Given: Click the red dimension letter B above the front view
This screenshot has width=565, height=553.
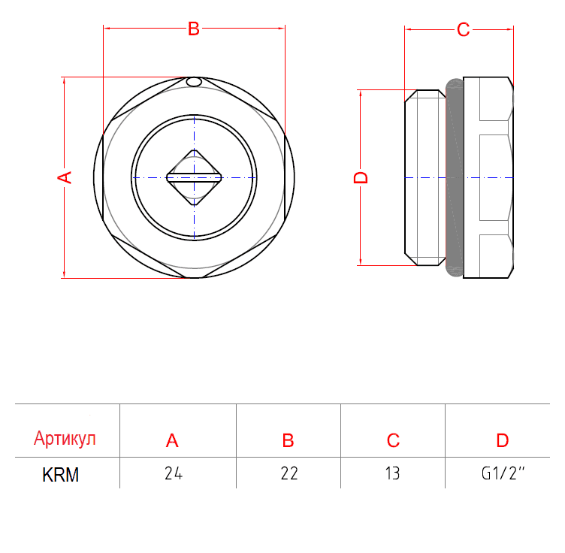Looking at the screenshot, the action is point(194,29).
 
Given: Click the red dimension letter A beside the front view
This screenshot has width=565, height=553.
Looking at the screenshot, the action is point(65,177).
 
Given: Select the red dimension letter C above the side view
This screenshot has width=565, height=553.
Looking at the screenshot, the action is point(463,29).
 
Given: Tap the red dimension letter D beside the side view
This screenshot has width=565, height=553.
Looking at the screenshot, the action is point(361,177).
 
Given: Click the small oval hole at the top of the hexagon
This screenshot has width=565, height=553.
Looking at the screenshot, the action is point(194,82).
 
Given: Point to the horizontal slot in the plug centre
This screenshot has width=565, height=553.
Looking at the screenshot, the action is point(194,177).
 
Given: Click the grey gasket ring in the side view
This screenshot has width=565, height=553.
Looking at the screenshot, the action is point(455,177).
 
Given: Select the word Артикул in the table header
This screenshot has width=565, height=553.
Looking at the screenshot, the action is point(65,439).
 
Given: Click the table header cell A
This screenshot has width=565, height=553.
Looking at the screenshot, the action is point(172,440).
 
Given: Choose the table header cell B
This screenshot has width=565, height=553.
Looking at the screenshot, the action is point(288,440).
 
